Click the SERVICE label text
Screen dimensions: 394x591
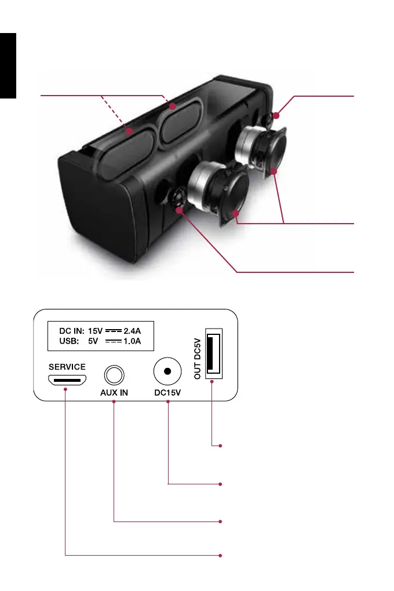[67, 367]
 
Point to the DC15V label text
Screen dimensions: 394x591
[167, 392]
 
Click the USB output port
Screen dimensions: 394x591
[213, 356]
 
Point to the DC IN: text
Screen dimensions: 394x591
[72, 331]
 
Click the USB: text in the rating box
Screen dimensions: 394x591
[70, 341]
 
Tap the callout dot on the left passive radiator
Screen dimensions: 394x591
[130, 132]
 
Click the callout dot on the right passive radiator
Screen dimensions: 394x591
[172, 107]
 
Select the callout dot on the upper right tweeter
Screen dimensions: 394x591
[276, 116]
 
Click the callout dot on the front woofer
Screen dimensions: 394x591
[236, 214]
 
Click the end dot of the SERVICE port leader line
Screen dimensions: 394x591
[221, 556]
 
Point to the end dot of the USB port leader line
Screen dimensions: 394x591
[221, 446]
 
